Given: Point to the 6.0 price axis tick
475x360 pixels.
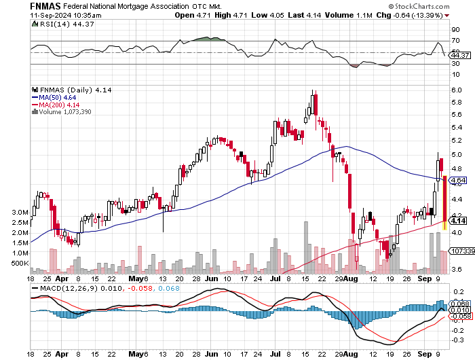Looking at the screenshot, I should click(x=457, y=90).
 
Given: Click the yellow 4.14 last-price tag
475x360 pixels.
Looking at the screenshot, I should click(x=457, y=221).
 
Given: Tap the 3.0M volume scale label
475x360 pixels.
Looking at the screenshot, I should click(x=19, y=212).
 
